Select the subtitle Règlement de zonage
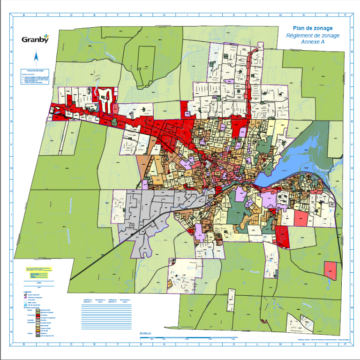pyautogui.click(x=313, y=35)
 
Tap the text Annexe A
pyautogui.click(x=313, y=42)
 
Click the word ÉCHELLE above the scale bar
pyautogui.click(x=145, y=334)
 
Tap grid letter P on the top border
pyautogui.click(x=345, y=15)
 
